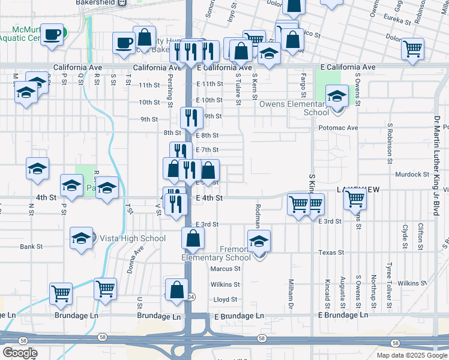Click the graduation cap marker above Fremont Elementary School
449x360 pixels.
[x=259, y=241]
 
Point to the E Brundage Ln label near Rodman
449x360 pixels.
[x=235, y=316]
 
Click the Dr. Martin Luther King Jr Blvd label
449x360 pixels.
[x=436, y=163]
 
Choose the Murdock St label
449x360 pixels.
[x=411, y=175]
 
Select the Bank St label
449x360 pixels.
[x=31, y=246]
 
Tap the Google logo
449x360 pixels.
[x=20, y=353]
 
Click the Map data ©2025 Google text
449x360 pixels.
[x=411, y=355]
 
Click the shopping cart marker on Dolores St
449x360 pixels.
[x=412, y=49]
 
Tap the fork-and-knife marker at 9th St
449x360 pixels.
[x=189, y=118]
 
